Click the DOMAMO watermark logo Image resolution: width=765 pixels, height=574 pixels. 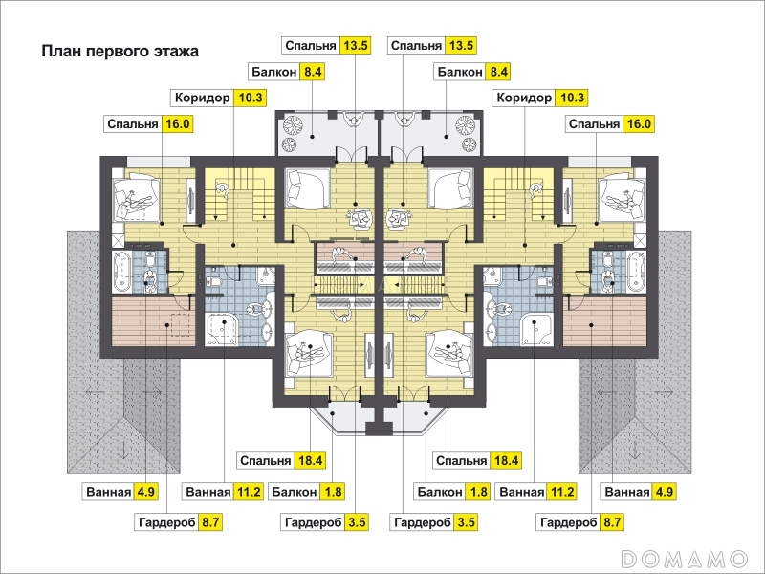point(685,558)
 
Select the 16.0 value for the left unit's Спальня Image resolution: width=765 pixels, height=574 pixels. point(177,124)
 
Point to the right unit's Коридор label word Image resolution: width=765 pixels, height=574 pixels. point(524,98)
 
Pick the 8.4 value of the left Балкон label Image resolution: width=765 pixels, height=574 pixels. point(313,72)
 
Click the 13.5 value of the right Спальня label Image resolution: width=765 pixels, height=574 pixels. point(461,45)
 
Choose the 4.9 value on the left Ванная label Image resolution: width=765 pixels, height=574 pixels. point(146,492)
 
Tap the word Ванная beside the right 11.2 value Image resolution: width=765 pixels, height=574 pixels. point(521,492)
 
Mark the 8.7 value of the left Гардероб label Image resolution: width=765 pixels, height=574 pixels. point(210,522)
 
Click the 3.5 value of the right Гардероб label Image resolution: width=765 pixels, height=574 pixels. point(466,522)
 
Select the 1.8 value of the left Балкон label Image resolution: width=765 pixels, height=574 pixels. point(332,492)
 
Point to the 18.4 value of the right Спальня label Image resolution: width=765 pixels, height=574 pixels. point(506,460)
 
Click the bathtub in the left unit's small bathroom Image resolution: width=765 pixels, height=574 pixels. point(121,272)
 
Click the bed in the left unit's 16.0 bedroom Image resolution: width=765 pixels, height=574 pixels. point(137,199)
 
